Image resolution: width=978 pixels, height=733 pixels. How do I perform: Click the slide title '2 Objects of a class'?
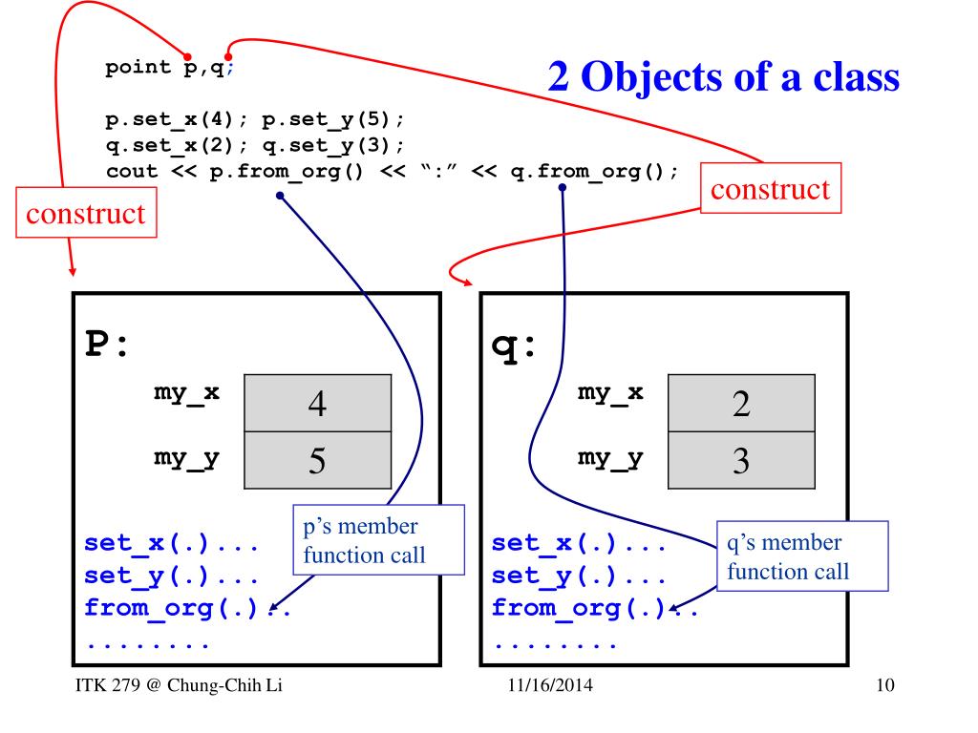coord(723,77)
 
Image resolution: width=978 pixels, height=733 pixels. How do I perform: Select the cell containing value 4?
coord(318,403)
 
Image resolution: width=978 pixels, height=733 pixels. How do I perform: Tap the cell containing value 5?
coord(318,461)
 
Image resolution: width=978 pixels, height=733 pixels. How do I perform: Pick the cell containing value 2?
coord(741,403)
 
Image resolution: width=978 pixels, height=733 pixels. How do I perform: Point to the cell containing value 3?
coord(741,461)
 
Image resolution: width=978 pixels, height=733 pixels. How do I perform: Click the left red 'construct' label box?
coord(86,213)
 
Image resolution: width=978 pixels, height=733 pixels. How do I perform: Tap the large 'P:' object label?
coord(106,345)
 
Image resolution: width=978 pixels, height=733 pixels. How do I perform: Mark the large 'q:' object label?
coord(514,345)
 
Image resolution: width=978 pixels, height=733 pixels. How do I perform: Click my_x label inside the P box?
coord(187,392)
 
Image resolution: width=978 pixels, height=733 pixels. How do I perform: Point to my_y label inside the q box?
coord(610,457)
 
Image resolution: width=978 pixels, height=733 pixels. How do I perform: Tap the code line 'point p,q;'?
coord(168,69)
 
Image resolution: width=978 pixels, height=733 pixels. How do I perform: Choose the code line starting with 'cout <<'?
coord(392,172)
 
